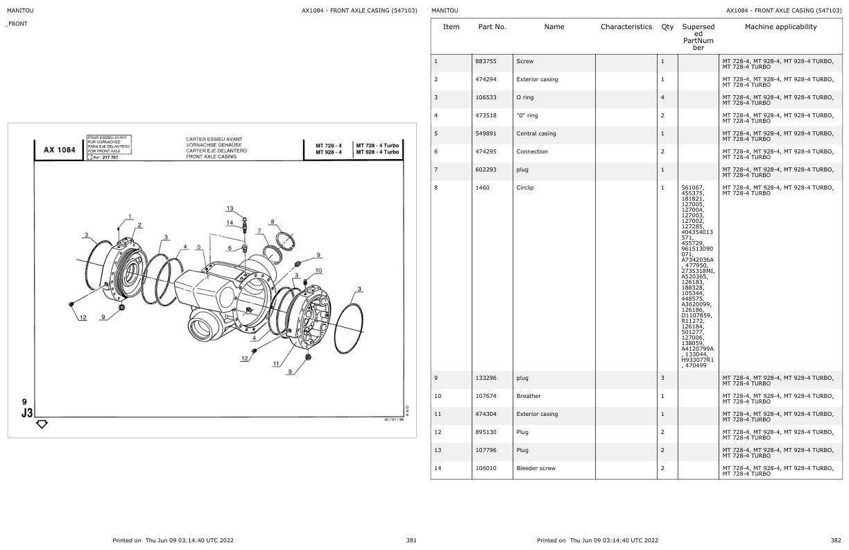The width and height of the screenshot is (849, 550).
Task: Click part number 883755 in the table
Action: pos(486,62)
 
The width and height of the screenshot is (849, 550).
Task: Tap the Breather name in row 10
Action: pos(528,397)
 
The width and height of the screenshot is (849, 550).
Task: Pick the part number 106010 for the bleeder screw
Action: pos(486,469)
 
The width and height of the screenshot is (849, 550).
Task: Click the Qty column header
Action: pos(667,27)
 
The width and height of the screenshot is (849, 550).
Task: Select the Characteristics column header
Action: pos(626,27)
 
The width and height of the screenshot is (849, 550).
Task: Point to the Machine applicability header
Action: pos(780,27)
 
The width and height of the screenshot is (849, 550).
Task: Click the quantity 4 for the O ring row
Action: pos(662,98)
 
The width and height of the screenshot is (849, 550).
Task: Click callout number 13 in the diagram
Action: pos(230,209)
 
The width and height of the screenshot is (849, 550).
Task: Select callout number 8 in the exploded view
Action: pos(273,222)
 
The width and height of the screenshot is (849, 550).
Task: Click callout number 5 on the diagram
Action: pos(199,247)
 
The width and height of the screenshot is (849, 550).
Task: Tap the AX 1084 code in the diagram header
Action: pos(60,150)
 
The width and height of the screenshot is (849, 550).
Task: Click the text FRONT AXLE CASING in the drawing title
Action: pos(211,157)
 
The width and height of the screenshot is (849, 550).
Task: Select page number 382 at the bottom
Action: pos(835,540)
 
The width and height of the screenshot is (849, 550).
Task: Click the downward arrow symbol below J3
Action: pos(42,424)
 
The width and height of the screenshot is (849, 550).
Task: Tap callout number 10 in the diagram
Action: pos(318,271)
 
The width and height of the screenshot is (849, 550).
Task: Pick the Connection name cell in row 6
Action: pos(532,152)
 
